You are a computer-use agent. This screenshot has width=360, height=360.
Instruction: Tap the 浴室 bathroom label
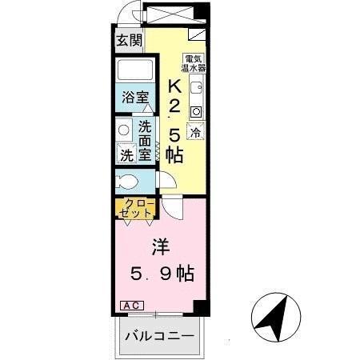(134, 98)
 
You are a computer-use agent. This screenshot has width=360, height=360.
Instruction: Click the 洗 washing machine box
(127, 153)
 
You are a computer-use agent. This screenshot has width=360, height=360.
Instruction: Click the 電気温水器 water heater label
(193, 63)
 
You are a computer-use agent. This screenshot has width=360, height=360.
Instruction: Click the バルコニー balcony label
(158, 336)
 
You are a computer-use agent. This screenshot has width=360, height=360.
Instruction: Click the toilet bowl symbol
(128, 179)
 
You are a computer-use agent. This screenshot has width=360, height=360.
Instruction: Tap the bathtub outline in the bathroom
(134, 70)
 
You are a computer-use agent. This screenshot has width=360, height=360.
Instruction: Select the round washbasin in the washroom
(125, 130)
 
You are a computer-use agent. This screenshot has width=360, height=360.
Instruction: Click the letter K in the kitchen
(174, 86)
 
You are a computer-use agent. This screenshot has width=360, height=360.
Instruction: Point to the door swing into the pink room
(170, 208)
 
